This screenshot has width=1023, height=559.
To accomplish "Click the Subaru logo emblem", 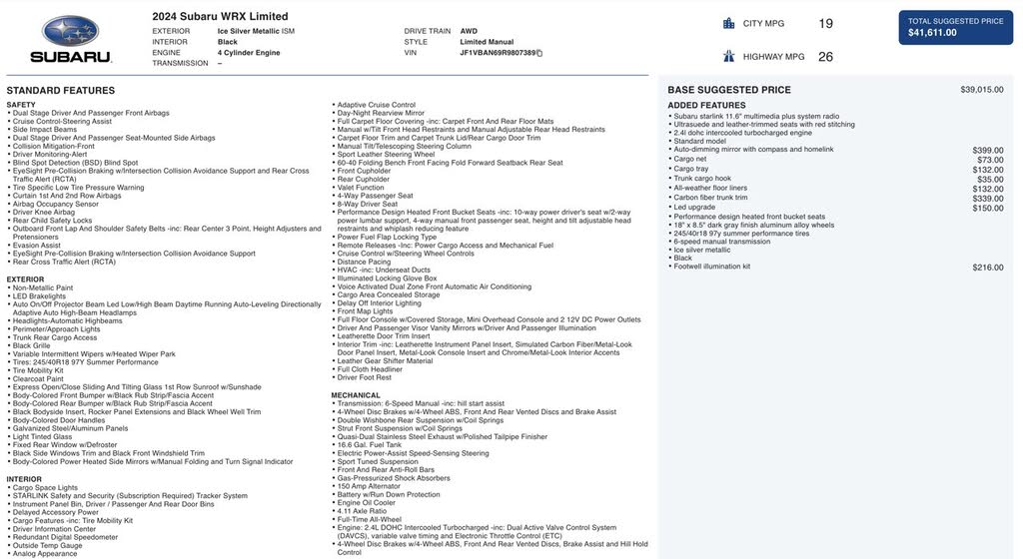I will [x=70, y=32].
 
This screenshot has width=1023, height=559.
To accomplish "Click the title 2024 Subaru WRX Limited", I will [x=220, y=16].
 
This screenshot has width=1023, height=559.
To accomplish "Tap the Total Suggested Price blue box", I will [x=955, y=27].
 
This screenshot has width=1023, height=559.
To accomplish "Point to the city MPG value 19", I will [x=825, y=24].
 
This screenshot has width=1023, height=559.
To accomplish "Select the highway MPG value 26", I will [x=825, y=57].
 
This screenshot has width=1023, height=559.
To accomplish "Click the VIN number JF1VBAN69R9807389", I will [x=498, y=53].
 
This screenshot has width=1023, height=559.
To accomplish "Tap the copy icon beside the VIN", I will [x=539, y=53].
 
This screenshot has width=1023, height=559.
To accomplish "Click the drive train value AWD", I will [x=469, y=31].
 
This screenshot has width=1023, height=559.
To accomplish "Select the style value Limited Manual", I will [x=487, y=42].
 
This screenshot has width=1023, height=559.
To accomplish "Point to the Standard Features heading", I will [x=61, y=91].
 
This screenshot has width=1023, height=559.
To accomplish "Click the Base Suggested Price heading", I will [x=729, y=90].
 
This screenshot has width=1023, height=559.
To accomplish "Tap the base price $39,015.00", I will [x=982, y=90].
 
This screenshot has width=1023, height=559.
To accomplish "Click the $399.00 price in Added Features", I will [x=988, y=150].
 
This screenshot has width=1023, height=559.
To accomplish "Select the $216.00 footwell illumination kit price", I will [x=988, y=268].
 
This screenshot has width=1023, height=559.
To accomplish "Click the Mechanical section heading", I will [x=356, y=395].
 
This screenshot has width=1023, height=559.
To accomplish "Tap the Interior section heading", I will [x=25, y=479].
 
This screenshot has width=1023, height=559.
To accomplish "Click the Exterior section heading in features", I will [x=26, y=279].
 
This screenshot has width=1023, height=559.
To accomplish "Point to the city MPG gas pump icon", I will [x=729, y=23].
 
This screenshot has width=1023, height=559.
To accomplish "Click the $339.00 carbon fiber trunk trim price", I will [x=988, y=199].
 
